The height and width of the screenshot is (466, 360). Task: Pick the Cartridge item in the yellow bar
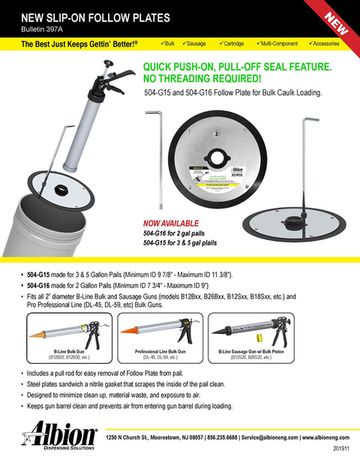(241, 44)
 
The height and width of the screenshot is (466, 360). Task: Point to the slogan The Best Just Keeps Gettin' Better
(79, 45)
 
